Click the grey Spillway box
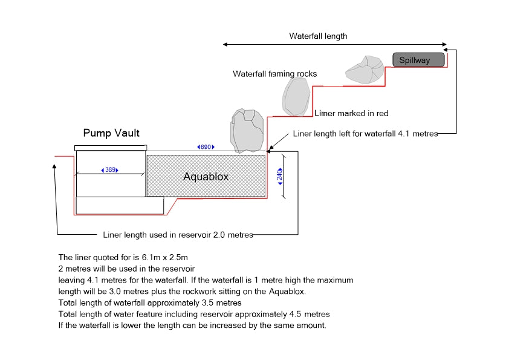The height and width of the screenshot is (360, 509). coord(419,60)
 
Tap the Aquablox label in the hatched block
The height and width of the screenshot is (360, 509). coord(206,177)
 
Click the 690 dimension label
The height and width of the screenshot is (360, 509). coord(206,147)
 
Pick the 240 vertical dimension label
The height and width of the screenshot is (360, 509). coord(280,175)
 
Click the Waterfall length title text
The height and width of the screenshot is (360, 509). coord(318,36)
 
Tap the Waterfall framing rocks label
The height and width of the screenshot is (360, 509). coord(274,74)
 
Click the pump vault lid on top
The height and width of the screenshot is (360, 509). coord(111,148)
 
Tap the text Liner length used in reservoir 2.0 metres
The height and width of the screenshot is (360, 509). coord(178,235)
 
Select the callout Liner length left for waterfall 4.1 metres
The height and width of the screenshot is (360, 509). coord(365,133)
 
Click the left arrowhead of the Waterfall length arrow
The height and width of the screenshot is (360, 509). coord(225,44)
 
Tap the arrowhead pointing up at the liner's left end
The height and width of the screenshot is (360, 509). coord(56,167)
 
